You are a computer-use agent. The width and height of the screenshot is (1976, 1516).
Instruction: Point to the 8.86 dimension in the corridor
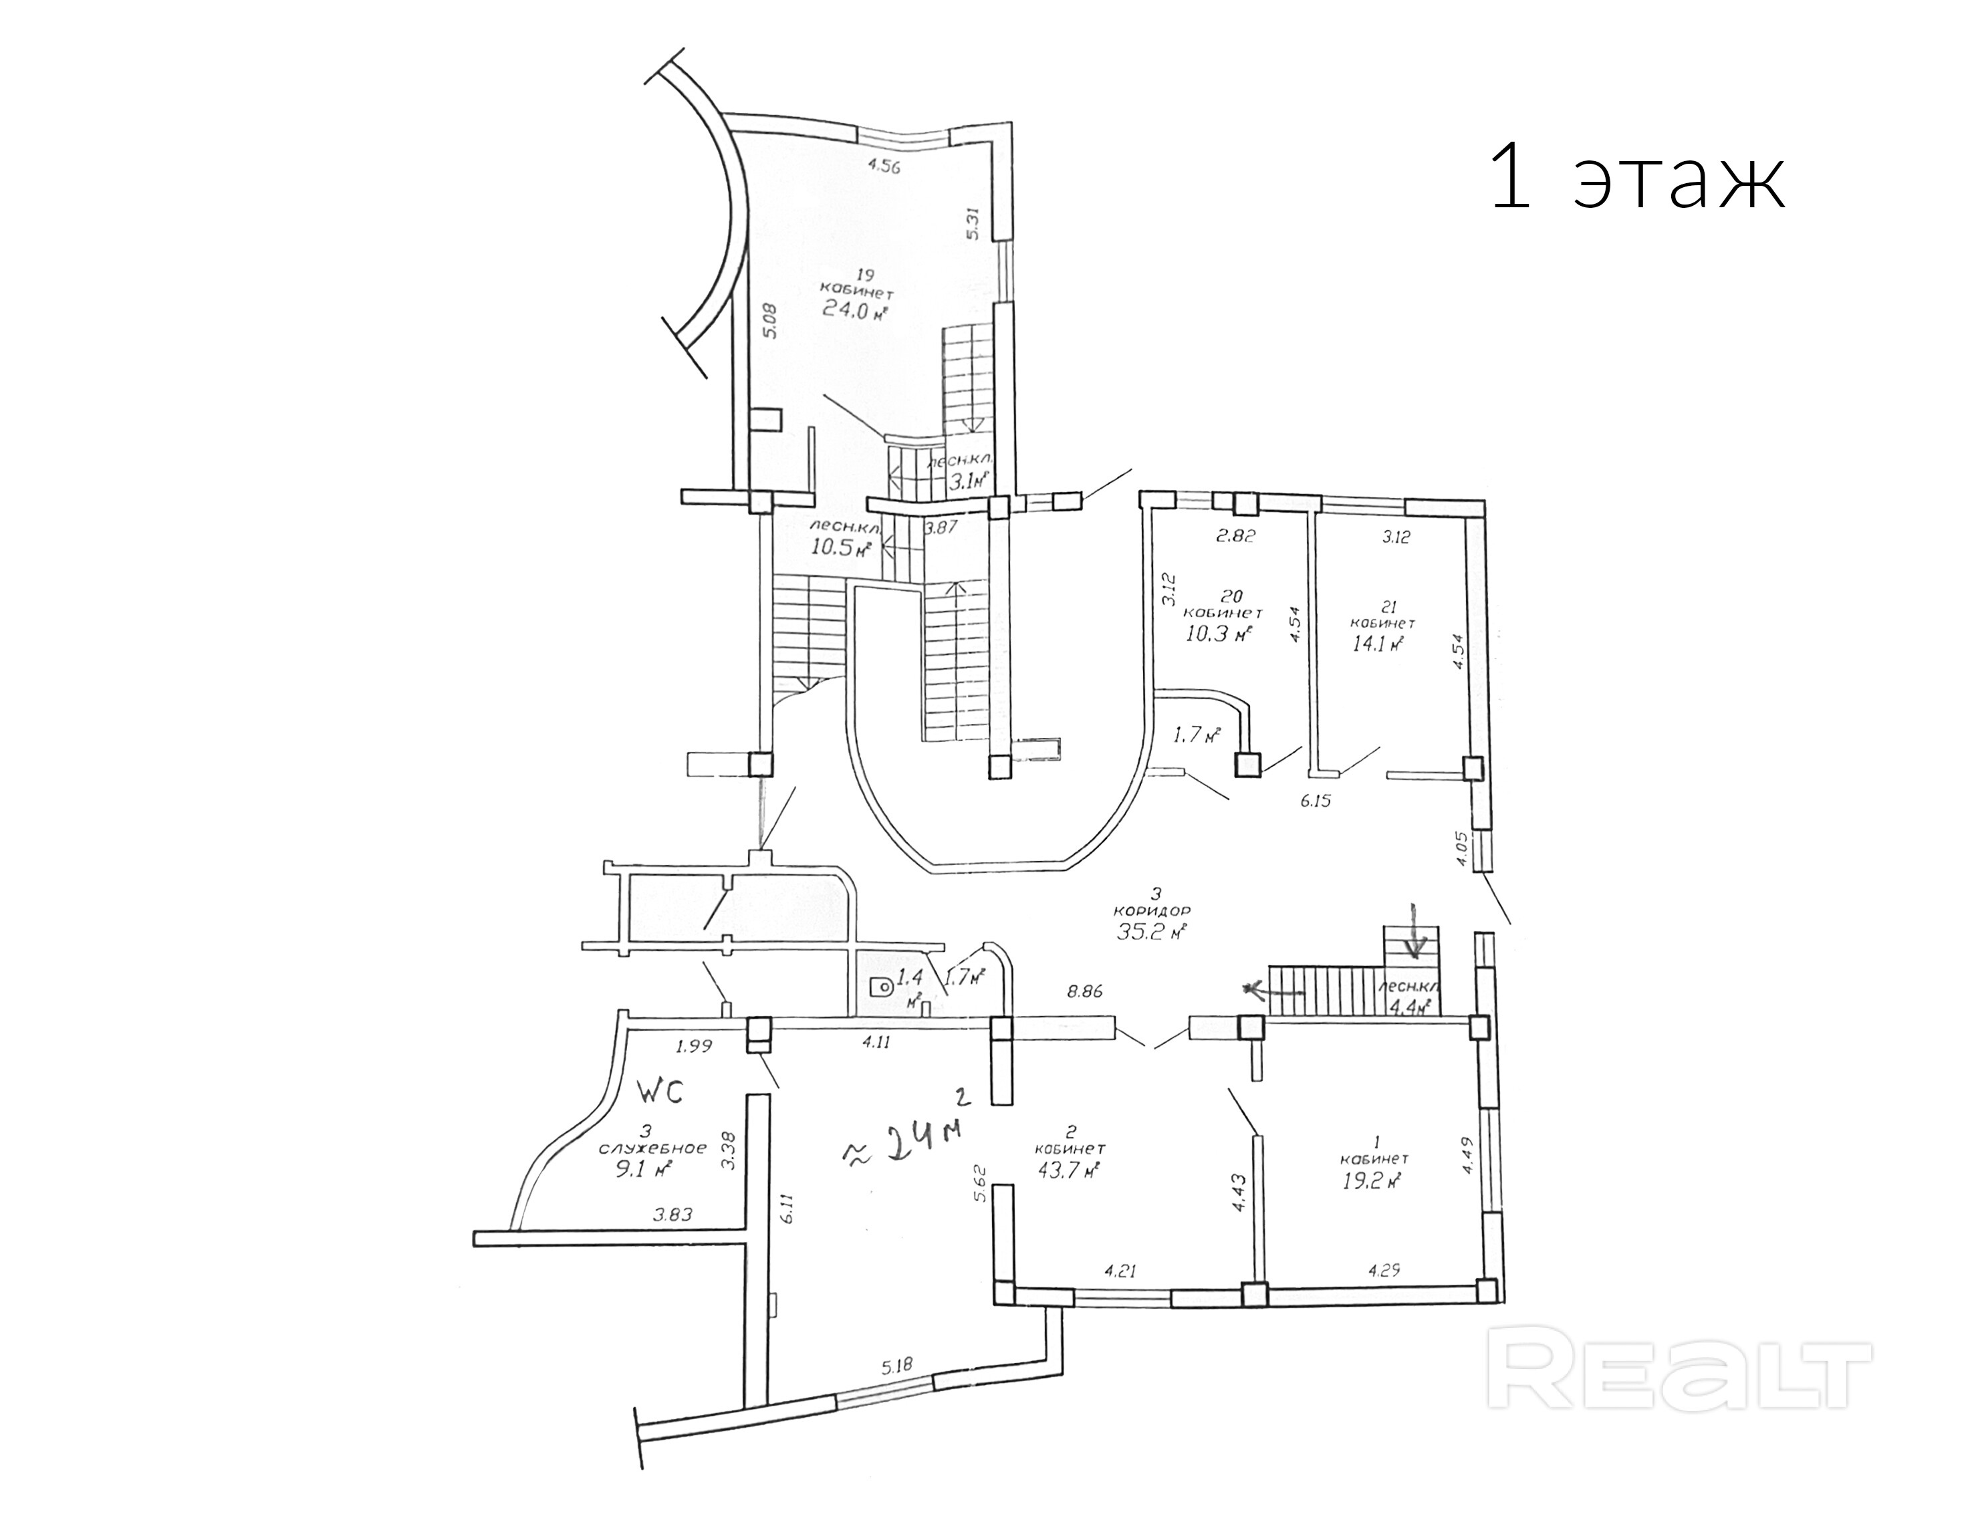(x=1084, y=991)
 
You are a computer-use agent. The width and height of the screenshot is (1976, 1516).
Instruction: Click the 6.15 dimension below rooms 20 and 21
(x=1316, y=799)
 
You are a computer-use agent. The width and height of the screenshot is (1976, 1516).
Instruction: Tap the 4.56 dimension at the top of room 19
(x=253, y=165)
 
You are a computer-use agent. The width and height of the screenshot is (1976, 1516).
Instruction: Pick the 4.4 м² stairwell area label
(x=1412, y=1005)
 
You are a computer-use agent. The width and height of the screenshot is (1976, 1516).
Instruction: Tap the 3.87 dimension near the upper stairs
(x=942, y=528)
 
